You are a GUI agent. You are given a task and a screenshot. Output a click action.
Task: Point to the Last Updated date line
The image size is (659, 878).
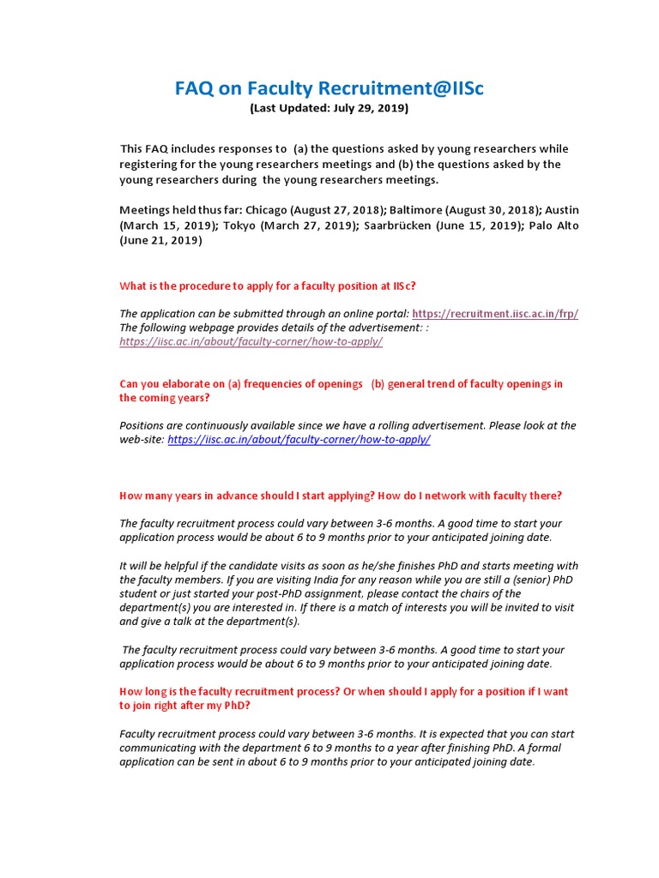tap(329, 109)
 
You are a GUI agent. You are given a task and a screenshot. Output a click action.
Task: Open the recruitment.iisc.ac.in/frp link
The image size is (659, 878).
tap(495, 314)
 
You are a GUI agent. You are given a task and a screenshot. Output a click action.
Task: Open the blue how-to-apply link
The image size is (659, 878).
tap(299, 440)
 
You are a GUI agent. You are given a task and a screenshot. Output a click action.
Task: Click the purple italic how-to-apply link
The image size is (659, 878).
tap(251, 341)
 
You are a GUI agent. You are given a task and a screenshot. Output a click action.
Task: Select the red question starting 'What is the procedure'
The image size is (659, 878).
tap(268, 286)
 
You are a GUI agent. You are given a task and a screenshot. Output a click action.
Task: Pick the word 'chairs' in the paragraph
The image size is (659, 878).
tap(478, 593)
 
